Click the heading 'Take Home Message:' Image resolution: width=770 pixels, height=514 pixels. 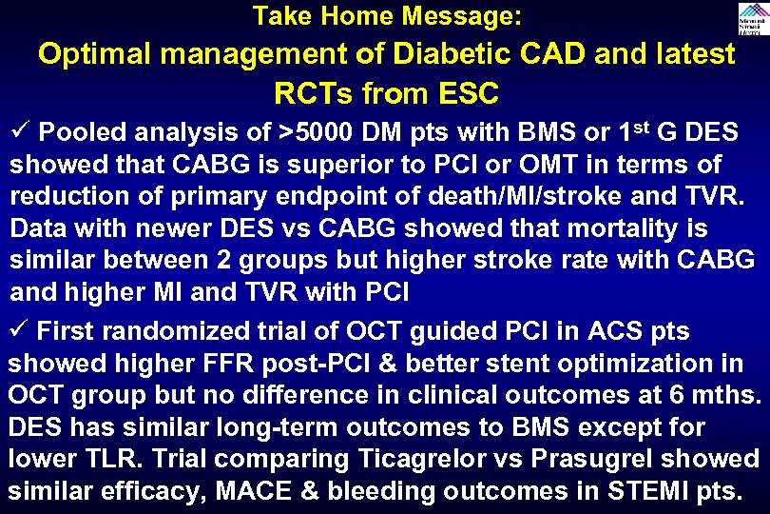point(386,15)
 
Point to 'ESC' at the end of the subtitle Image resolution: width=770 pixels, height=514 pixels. point(465,94)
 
